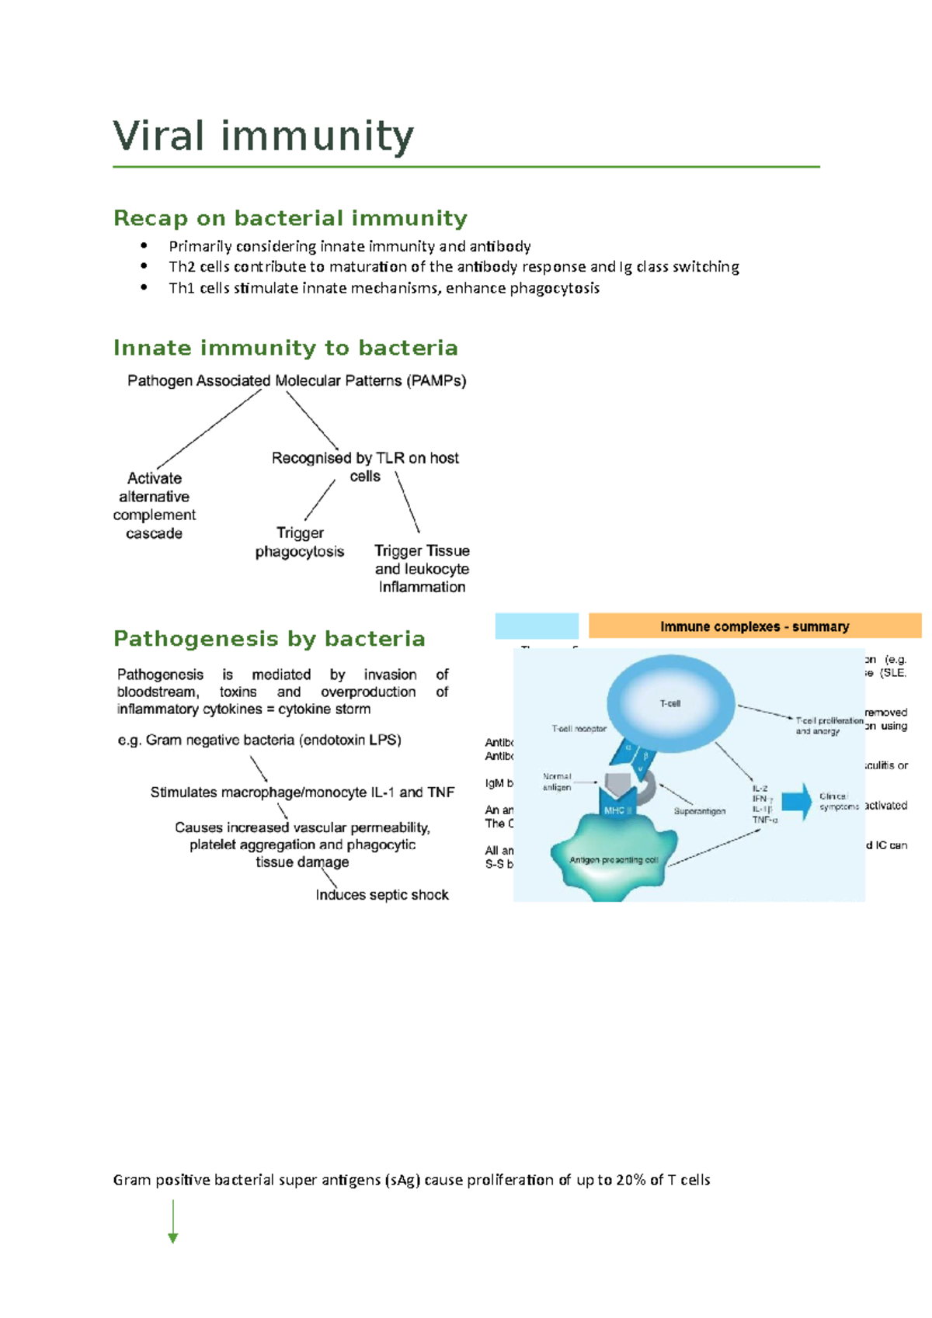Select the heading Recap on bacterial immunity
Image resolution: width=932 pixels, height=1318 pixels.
coord(290,218)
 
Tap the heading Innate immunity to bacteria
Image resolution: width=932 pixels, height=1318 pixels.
coord(285,348)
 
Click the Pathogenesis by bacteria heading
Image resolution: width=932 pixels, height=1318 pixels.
coord(269,639)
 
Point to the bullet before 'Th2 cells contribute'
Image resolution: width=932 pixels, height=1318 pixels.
coord(144,266)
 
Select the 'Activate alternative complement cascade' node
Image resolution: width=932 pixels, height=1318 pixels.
coord(154,505)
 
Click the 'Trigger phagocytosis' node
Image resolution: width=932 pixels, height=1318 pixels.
coord(300,542)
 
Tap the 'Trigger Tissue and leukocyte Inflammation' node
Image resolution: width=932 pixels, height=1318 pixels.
coord(422,568)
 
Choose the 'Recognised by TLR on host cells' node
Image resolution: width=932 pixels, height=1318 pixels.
coord(365,467)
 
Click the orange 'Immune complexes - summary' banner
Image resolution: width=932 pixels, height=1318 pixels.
coord(754,626)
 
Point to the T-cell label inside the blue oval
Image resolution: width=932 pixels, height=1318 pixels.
coord(669,703)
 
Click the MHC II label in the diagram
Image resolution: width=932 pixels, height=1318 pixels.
coord(618,810)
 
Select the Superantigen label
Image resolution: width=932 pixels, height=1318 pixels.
coord(699,811)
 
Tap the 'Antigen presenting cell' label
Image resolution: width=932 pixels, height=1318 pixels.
coord(613,860)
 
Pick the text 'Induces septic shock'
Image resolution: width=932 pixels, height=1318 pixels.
coord(381,895)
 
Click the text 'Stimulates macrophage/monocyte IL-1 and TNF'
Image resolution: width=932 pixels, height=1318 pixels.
coord(302,793)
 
